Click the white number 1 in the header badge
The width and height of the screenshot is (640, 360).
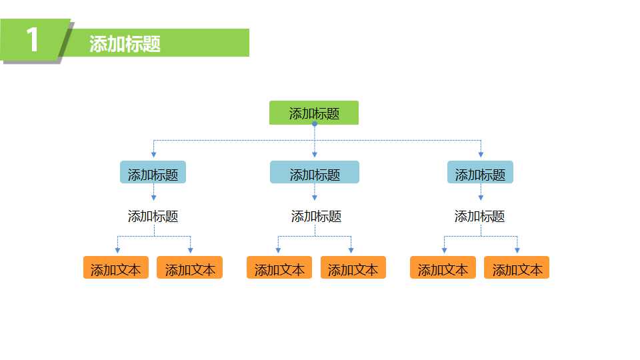(x=33, y=41)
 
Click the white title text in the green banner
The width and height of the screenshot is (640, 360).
(x=125, y=44)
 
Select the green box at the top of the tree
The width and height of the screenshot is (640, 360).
(x=314, y=113)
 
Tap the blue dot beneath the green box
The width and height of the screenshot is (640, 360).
(x=315, y=124)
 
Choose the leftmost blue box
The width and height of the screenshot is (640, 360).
(x=153, y=173)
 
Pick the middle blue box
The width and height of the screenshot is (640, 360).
(x=315, y=173)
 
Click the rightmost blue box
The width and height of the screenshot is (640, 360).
(x=480, y=173)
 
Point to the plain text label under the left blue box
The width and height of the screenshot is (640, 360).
(x=153, y=216)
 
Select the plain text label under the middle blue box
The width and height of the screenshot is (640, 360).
(x=316, y=216)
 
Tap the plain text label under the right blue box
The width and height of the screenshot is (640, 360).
(x=479, y=216)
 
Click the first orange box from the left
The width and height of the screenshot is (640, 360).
(x=116, y=268)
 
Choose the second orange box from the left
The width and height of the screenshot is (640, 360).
(x=190, y=268)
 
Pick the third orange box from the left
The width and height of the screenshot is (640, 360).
(x=279, y=268)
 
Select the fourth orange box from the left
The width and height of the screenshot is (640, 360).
(x=353, y=268)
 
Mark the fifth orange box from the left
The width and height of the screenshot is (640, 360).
(x=443, y=268)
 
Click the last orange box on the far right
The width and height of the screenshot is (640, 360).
(x=517, y=268)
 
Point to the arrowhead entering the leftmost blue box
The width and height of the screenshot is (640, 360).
(x=154, y=155)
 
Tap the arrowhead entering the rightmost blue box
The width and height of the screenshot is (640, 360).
(x=481, y=155)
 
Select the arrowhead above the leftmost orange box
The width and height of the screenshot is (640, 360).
(x=117, y=250)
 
